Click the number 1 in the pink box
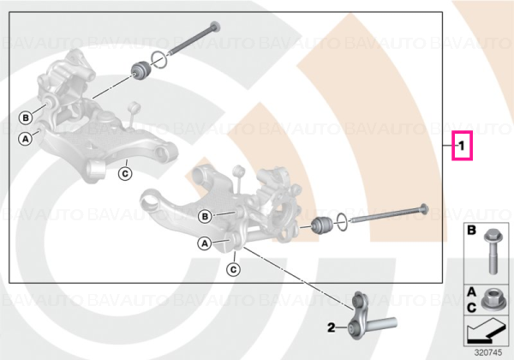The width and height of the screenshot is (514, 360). (x=462, y=146)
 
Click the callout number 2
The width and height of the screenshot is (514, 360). (x=331, y=327)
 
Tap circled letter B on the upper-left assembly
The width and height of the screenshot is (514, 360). (x=26, y=117)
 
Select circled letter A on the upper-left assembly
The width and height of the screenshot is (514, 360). (x=25, y=139)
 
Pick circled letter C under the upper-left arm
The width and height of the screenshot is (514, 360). (x=125, y=173)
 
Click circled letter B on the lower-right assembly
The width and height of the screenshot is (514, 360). (x=206, y=216)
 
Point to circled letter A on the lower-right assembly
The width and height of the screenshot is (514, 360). (x=205, y=243)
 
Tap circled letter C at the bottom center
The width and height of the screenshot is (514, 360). (x=233, y=269)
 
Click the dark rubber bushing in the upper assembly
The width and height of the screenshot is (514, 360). (x=140, y=70)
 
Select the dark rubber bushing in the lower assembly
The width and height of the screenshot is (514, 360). (x=323, y=225)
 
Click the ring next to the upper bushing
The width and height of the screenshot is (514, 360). (x=159, y=61)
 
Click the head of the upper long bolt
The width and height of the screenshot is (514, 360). (x=215, y=27)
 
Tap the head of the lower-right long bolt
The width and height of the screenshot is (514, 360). (x=423, y=209)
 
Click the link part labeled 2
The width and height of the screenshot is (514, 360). (x=370, y=316)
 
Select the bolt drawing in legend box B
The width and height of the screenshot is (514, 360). (x=491, y=251)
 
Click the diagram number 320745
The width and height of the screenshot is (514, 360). (x=488, y=353)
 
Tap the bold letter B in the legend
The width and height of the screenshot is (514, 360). (x=471, y=231)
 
